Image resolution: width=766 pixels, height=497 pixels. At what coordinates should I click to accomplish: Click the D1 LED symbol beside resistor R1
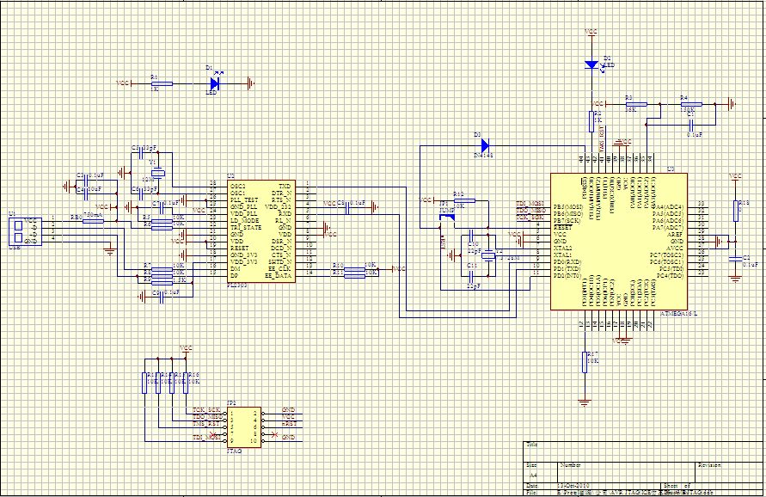click(215, 83)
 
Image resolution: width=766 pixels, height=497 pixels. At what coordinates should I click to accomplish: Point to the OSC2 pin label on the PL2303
click(237, 186)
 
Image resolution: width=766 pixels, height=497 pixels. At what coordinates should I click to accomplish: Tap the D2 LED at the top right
click(591, 64)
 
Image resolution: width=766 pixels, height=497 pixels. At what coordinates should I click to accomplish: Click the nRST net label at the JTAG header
click(289, 424)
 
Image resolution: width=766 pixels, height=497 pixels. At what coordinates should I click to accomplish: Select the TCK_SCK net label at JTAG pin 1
click(206, 410)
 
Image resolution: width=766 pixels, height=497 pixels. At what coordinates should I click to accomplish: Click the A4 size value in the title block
click(532, 474)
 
